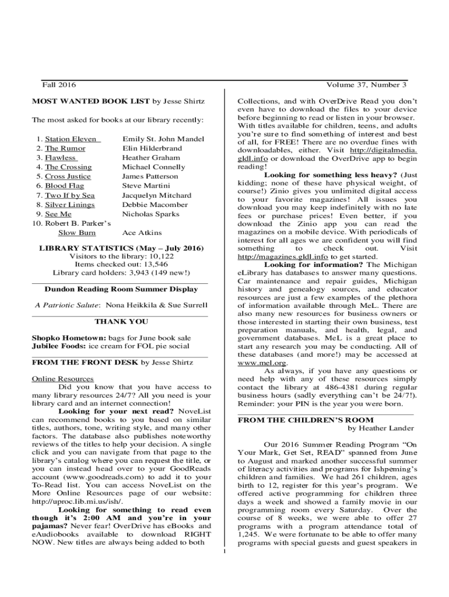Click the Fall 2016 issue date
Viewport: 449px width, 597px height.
tap(59, 85)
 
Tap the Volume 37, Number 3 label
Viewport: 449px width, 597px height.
tap(367, 85)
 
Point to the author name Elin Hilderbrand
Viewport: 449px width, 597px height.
tap(152, 148)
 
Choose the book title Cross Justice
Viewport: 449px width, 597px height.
tap(68, 176)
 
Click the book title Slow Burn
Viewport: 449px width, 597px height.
tap(77, 233)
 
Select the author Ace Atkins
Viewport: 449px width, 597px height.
tap(142, 233)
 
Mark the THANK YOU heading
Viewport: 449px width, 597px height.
tap(121, 321)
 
